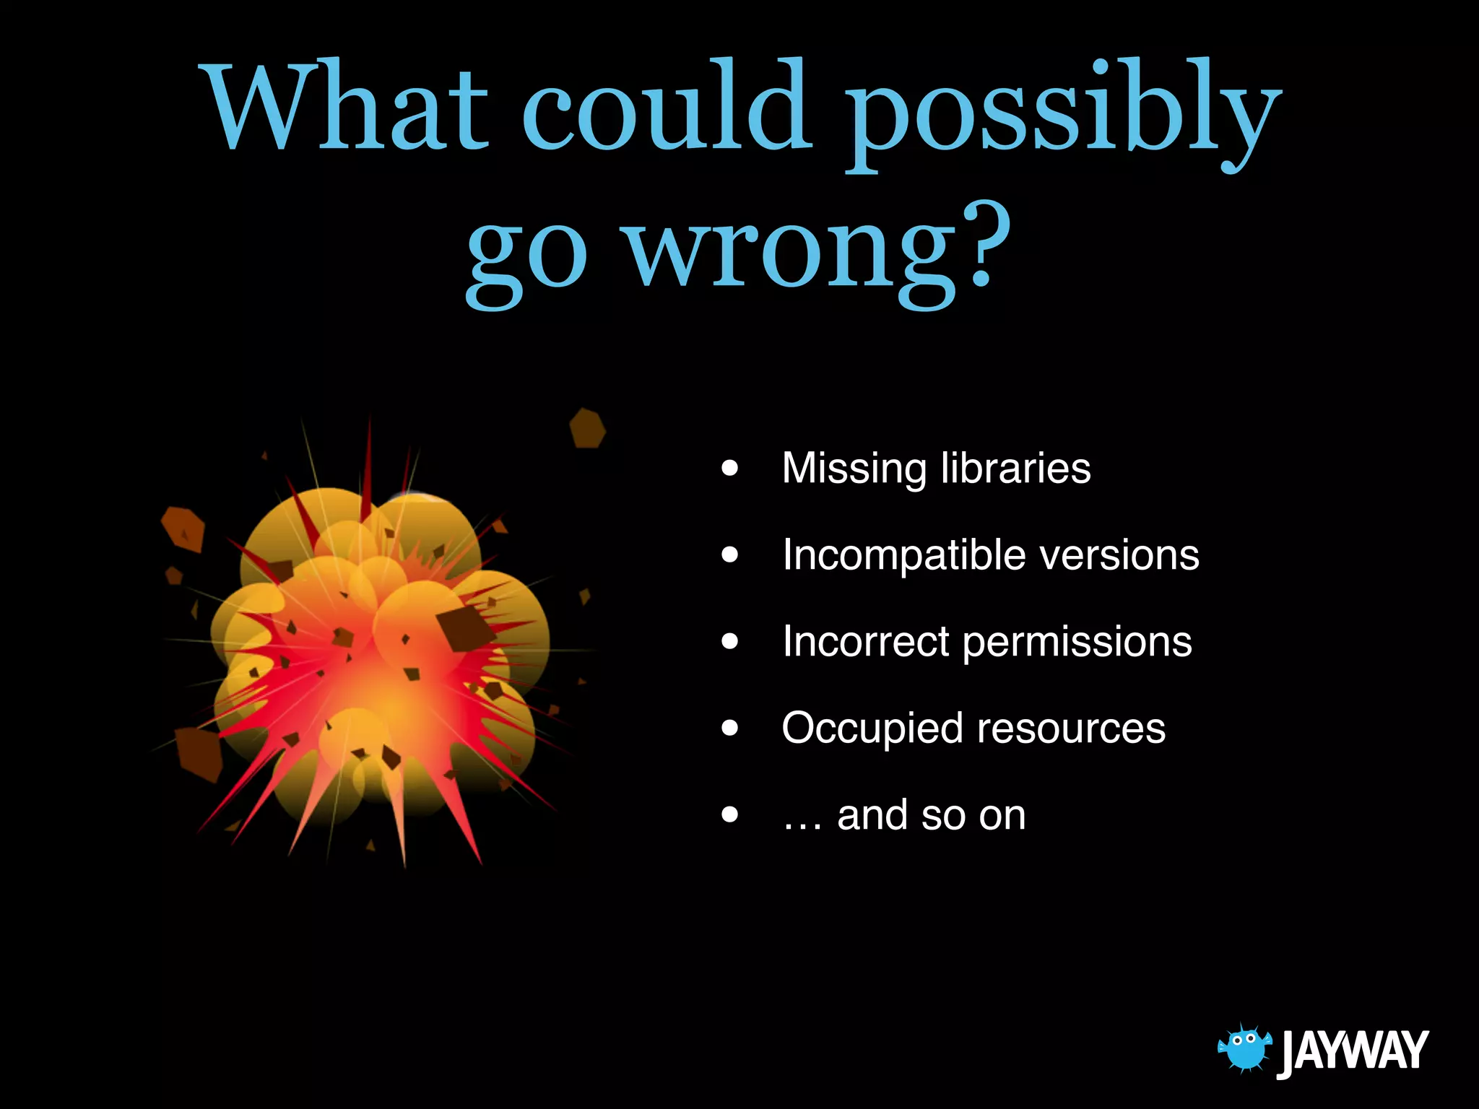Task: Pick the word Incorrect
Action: pos(866,641)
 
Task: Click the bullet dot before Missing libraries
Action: pos(730,469)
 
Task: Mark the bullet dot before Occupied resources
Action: pos(730,729)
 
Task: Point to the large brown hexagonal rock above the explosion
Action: pos(587,428)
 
